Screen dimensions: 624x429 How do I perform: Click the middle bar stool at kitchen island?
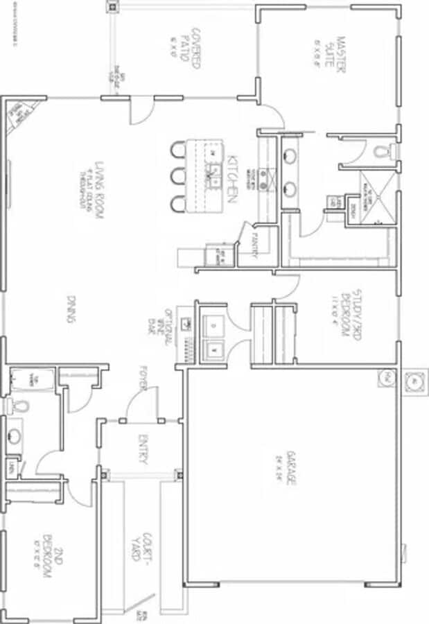180,175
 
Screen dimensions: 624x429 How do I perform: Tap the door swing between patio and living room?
139,110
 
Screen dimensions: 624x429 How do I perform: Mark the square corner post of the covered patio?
113,6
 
